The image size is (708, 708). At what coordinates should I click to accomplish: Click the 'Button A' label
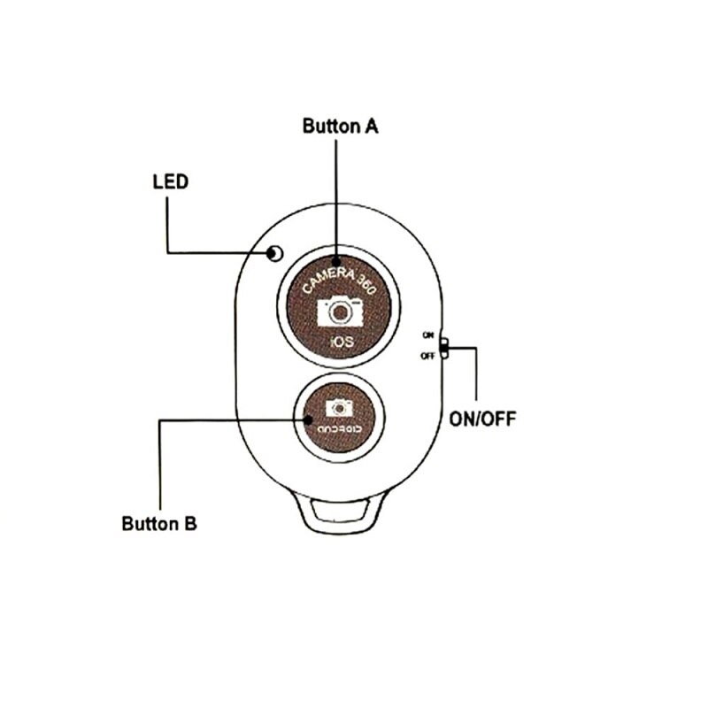click(341, 126)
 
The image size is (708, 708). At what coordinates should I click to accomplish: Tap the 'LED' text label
click(171, 182)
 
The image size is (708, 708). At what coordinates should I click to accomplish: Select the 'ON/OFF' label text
click(481, 419)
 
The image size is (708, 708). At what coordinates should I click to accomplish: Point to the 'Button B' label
click(159, 523)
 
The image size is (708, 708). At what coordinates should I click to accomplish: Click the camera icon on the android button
click(339, 407)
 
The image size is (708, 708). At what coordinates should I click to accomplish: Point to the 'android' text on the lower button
click(340, 429)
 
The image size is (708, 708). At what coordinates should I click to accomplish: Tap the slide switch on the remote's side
click(444, 347)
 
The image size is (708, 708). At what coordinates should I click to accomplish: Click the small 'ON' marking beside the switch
click(428, 335)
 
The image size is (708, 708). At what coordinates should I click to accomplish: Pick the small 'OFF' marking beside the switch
click(428, 356)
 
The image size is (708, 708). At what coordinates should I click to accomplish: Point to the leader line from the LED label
click(168, 226)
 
